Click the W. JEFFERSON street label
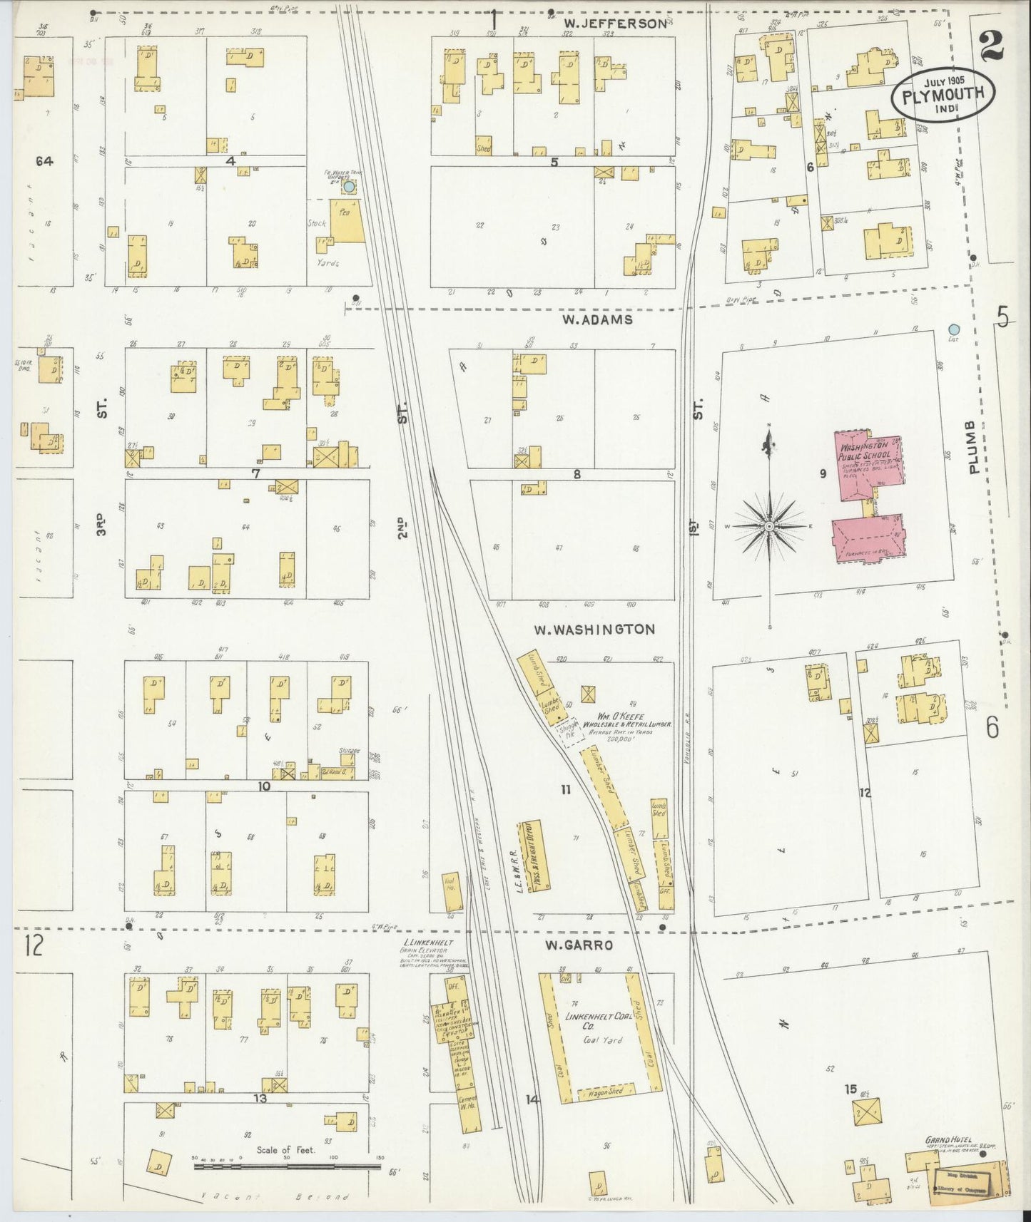pos(612,24)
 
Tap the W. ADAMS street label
pos(596,319)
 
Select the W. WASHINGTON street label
pos(594,629)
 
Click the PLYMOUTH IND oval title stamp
pos(943,94)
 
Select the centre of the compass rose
pos(769,526)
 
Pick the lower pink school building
pos(868,540)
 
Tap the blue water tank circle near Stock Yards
pos(348,186)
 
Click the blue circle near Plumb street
pos(954,329)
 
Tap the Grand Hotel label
pos(948,1141)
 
